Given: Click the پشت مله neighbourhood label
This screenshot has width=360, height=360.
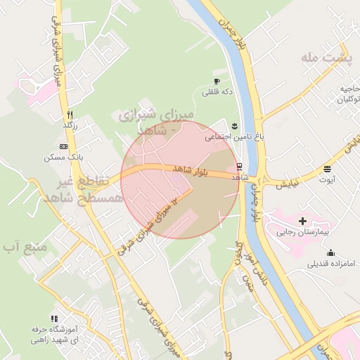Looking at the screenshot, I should pos(326,58).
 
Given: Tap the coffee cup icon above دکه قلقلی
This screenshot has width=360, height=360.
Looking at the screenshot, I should pos(217,81).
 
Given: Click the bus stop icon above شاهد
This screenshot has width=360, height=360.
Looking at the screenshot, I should pos(240,167).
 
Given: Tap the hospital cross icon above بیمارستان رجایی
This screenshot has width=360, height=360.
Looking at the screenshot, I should pos(303,221).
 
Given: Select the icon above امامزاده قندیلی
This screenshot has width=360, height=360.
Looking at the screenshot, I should pos(330,253).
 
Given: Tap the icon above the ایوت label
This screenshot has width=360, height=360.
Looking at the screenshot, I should pos(328,168).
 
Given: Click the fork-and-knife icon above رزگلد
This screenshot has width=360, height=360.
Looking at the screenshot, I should pos(70,115).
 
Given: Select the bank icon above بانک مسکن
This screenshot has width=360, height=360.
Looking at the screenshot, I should pos(63,146).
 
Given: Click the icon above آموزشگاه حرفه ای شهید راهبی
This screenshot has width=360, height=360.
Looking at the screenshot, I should pos(53,319).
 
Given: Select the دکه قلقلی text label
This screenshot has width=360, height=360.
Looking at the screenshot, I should pos(217,91).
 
